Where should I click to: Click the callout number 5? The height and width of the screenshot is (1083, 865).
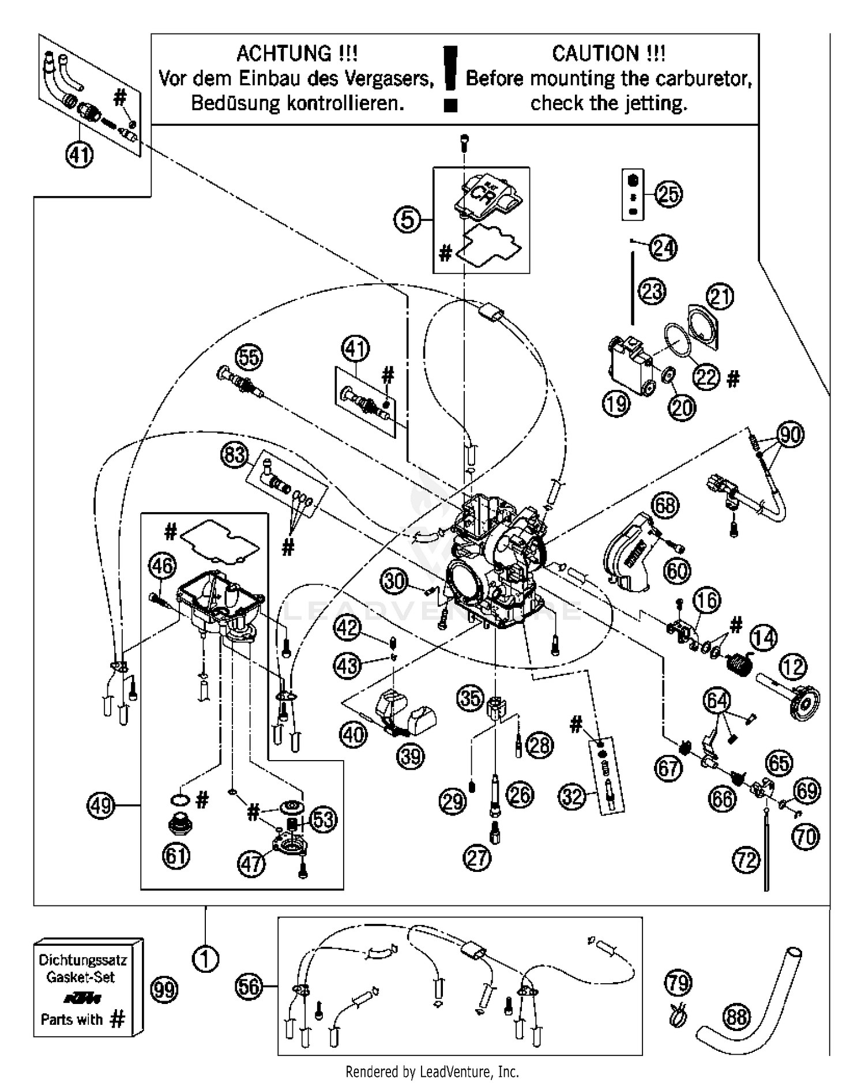point(407,220)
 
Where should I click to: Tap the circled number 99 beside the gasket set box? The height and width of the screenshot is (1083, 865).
point(164,990)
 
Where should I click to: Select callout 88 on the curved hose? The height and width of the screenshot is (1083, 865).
point(736,1016)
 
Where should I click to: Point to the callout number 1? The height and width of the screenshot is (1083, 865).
point(205,959)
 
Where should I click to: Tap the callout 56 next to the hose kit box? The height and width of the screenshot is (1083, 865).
point(249,986)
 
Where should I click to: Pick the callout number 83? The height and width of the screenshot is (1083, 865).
point(234,456)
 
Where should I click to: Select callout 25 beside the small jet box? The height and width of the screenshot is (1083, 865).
point(668,194)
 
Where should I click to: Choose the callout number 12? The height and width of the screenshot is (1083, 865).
point(793,667)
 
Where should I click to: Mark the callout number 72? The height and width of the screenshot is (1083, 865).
point(747,860)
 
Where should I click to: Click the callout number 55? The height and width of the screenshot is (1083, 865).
point(249,358)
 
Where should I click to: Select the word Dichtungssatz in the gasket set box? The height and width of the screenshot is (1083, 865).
point(82,960)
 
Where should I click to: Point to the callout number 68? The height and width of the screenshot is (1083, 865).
point(665,505)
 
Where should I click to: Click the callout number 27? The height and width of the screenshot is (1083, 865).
point(476,858)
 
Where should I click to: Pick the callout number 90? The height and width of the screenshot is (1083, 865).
point(790,434)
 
